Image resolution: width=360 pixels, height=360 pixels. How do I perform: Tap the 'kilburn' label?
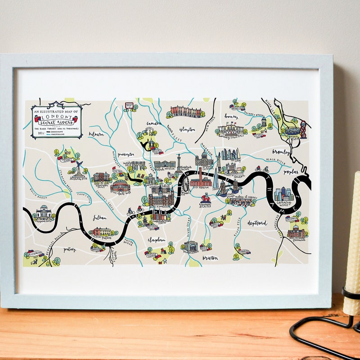click(x=96, y=134)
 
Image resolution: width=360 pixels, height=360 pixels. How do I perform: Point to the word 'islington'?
click(x=187, y=130)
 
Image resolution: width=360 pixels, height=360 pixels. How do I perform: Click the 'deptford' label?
click(x=257, y=222)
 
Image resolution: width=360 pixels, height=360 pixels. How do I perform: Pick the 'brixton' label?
click(x=210, y=258)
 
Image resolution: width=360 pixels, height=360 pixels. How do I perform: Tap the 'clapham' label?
click(x=157, y=240)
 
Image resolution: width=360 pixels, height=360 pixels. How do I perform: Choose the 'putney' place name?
click(x=69, y=249)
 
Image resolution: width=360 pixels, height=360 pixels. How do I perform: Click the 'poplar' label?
click(x=292, y=171)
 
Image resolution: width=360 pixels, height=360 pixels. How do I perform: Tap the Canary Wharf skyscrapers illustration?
click(x=283, y=194)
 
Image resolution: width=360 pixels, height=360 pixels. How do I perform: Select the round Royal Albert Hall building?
click(x=119, y=185)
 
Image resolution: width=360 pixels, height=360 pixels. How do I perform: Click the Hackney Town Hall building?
click(x=231, y=130)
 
